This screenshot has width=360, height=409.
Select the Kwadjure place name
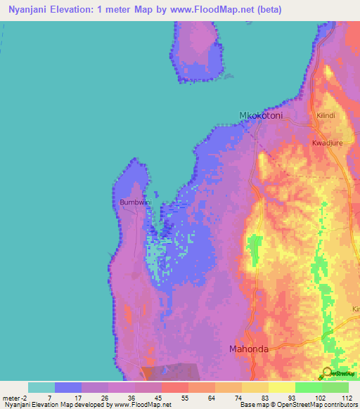pos(326,142)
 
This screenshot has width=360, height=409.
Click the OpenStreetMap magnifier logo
pos(327,372)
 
